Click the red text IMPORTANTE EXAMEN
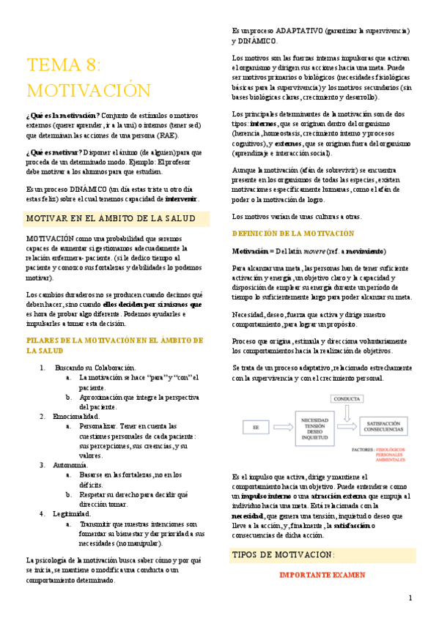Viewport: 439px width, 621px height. coord(317,575)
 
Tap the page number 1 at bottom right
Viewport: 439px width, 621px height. coord(410,598)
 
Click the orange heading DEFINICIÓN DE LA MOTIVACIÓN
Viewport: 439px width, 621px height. coord(292,233)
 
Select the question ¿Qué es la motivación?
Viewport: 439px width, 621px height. coord(64,116)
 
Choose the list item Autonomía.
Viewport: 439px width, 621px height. coord(71,464)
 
